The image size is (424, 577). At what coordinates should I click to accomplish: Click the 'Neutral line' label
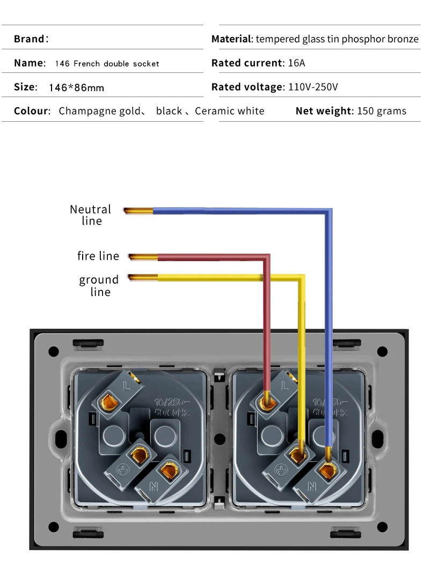pyautogui.click(x=90, y=215)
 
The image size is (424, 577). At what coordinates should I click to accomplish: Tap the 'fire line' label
pyautogui.click(x=98, y=256)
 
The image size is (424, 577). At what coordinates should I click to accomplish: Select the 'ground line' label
pyautogui.click(x=99, y=286)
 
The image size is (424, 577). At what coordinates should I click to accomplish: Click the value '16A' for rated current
pyautogui.click(x=296, y=63)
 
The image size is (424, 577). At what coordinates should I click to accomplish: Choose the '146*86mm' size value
pyautogui.click(x=76, y=87)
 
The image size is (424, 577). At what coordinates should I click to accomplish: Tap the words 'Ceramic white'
pyautogui.click(x=230, y=111)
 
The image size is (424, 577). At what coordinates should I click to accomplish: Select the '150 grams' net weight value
pyautogui.click(x=381, y=111)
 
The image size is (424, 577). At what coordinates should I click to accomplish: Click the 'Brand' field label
pyautogui.click(x=30, y=39)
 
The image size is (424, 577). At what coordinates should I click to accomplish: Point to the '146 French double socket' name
pyautogui.click(x=107, y=64)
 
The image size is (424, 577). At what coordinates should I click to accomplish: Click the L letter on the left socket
pyautogui.click(x=127, y=385)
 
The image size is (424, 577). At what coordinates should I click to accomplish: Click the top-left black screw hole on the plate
pyautogui.click(x=54, y=351)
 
